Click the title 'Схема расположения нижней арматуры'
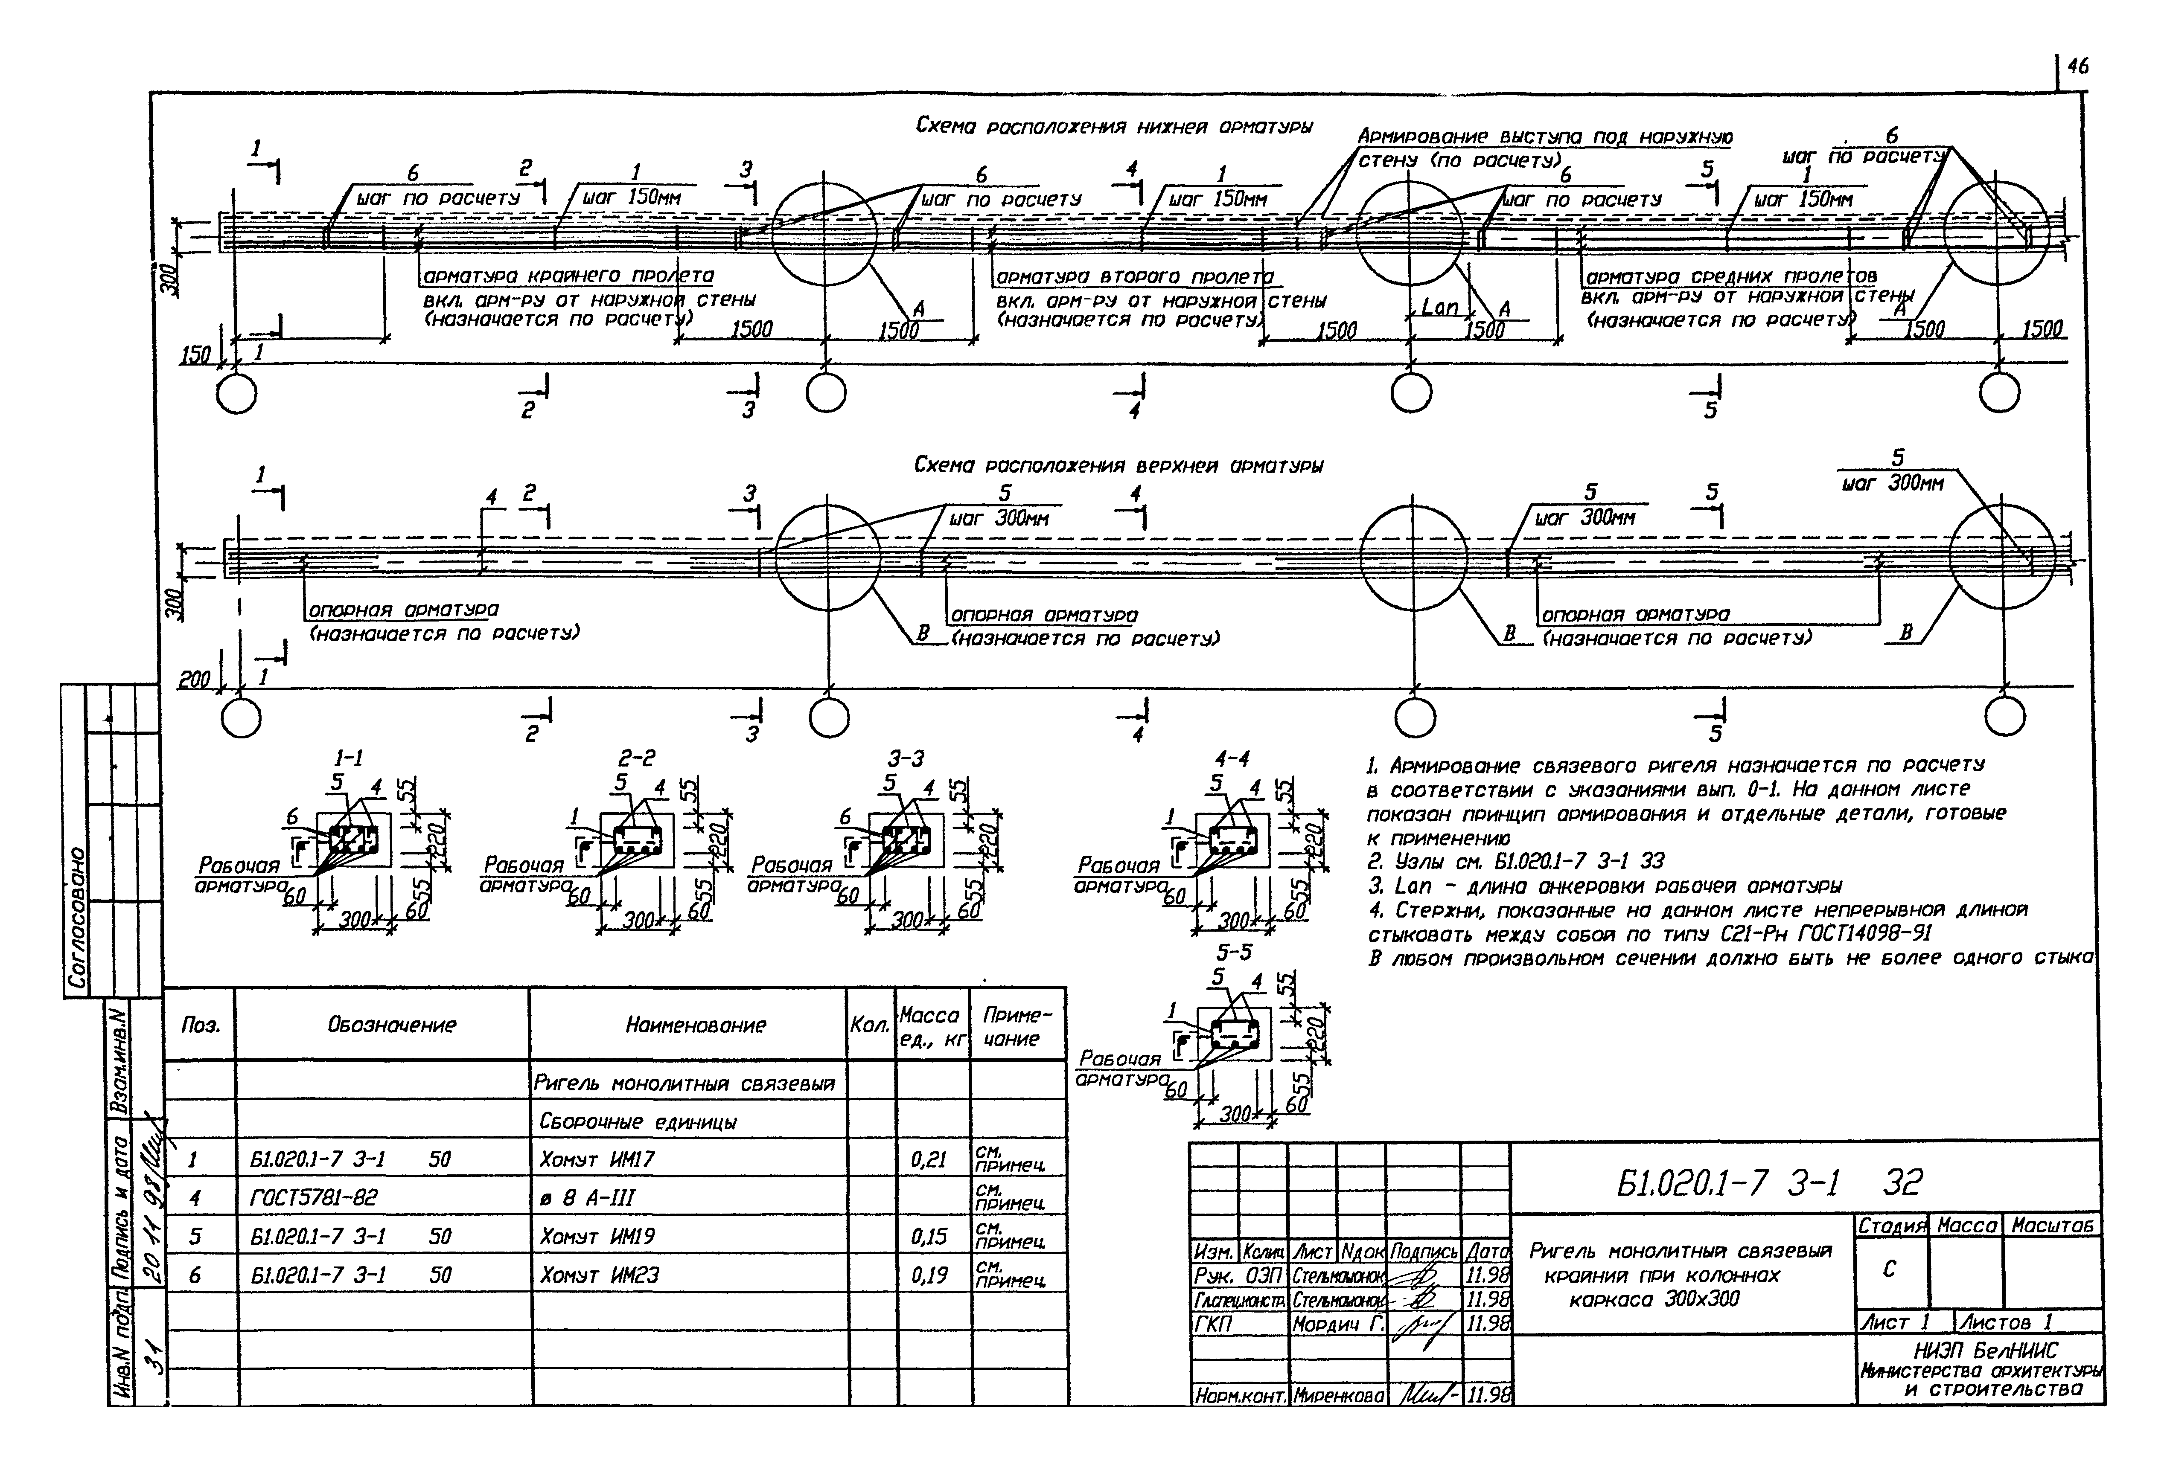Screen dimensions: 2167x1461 pos(1114,127)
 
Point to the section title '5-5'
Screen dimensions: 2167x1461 pos(1233,952)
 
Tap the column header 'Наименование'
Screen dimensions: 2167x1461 pos(695,1025)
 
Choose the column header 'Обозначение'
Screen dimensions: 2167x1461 pos(391,1025)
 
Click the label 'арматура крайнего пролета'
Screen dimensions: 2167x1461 pos(568,277)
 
